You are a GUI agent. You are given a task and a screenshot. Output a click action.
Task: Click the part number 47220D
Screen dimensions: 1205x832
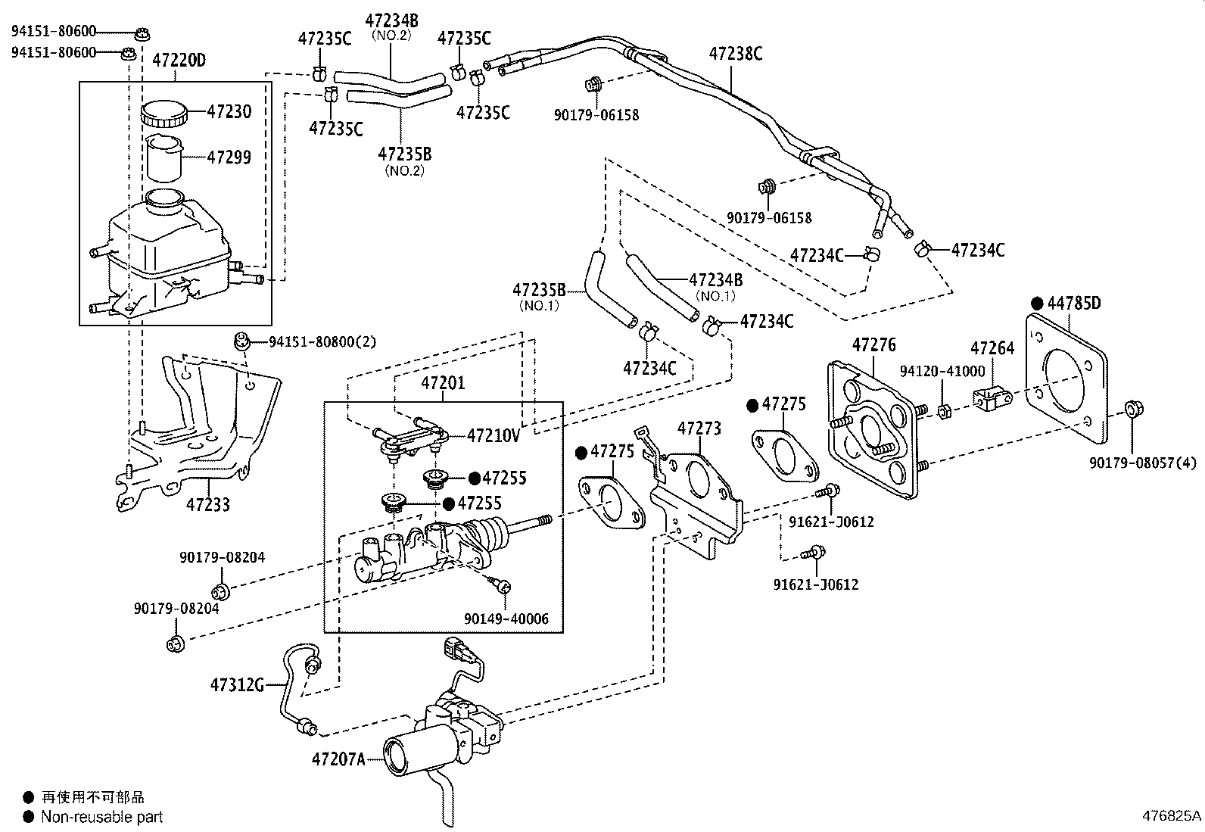click(x=179, y=60)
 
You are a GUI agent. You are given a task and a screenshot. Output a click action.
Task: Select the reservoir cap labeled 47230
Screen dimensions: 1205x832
click(x=163, y=113)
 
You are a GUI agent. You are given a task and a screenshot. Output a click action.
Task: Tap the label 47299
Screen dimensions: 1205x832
click(x=229, y=157)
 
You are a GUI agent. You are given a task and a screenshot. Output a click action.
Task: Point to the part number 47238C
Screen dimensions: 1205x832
click(x=736, y=54)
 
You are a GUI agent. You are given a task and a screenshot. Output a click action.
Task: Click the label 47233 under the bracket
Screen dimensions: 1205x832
click(x=207, y=504)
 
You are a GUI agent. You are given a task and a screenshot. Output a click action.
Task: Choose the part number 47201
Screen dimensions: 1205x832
click(x=443, y=383)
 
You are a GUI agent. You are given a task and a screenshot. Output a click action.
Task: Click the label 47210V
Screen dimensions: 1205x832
click(x=494, y=435)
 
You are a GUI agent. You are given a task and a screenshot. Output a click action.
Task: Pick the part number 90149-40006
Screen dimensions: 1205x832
click(x=506, y=619)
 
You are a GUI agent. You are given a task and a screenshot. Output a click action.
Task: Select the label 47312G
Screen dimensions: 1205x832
click(x=237, y=685)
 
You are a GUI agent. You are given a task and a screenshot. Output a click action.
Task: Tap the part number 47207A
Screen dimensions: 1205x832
click(x=338, y=759)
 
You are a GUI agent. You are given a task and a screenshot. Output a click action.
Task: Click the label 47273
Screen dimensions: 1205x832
click(x=699, y=428)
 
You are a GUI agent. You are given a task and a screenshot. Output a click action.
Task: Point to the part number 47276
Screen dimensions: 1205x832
click(x=874, y=345)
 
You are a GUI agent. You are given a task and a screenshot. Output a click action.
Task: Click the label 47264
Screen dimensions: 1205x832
click(x=992, y=348)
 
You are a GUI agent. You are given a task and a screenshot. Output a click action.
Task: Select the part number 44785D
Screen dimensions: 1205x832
click(x=1074, y=304)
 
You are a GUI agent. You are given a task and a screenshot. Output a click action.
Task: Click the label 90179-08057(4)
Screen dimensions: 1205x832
click(x=1143, y=463)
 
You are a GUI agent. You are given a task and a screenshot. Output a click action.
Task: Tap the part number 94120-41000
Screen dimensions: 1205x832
click(x=942, y=371)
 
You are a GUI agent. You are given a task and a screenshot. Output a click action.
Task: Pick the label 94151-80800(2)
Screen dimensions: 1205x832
click(x=322, y=341)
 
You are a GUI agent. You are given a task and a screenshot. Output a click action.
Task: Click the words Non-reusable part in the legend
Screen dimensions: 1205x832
click(x=101, y=817)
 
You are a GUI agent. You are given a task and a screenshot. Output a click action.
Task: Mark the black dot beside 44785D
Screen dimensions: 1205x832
click(x=1037, y=304)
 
